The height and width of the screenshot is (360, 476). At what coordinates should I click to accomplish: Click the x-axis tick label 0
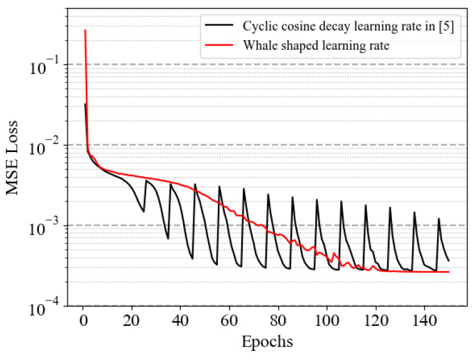pos(83,320)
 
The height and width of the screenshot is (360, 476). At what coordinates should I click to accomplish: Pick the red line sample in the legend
pos(220,46)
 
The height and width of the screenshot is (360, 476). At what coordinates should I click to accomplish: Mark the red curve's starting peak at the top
pos(85,30)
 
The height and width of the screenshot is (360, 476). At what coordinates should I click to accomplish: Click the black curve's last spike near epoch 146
pos(438,218)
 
